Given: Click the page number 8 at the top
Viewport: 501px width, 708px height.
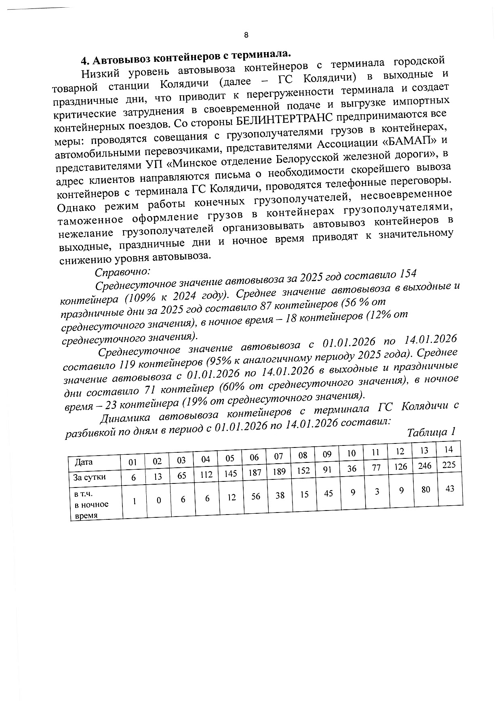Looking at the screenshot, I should pyautogui.click(x=246, y=35).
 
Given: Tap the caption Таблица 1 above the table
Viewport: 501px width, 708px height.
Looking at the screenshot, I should pyautogui.click(x=431, y=432).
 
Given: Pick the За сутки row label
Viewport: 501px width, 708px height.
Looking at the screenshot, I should pyautogui.click(x=89, y=477).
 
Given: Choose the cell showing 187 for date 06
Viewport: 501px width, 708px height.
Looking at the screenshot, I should pyautogui.click(x=255, y=472).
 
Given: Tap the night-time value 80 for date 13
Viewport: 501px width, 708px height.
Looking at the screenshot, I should pyautogui.click(x=425, y=490).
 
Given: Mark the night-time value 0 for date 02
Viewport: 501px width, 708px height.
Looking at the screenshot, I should pyautogui.click(x=159, y=500).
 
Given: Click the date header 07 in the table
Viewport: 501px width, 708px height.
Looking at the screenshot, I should pyautogui.click(x=279, y=457).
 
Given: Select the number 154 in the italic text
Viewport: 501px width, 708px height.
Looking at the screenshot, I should pyautogui.click(x=408, y=273).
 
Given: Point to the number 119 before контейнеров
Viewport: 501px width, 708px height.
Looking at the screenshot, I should pyautogui.click(x=127, y=366).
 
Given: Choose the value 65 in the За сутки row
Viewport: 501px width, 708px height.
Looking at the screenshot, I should pyautogui.click(x=182, y=476).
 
